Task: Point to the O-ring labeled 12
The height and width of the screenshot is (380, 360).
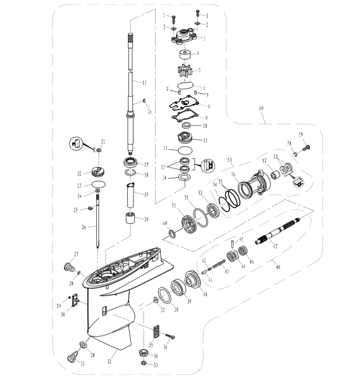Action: click(x=185, y=151)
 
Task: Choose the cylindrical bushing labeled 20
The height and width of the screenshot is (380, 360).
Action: click(x=132, y=224)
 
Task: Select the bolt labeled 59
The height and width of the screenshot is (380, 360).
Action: click(x=307, y=146)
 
